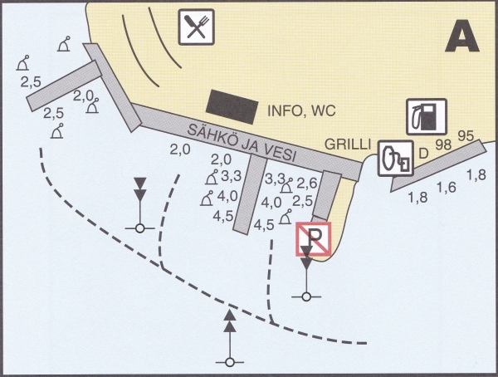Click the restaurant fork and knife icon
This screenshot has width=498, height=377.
pyautogui.click(x=196, y=27)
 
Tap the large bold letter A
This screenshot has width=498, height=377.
pyautogui.click(x=462, y=36)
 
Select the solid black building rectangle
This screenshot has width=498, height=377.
pyautogui.click(x=232, y=107)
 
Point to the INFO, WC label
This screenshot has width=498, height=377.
pyautogui.click(x=301, y=111)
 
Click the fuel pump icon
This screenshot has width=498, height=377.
pyautogui.click(x=427, y=116)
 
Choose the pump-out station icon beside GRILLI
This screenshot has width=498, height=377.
pyautogui.click(x=396, y=158)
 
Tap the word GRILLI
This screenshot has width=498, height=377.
pyautogui.click(x=348, y=144)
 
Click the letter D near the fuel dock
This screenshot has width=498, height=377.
pyautogui.click(x=423, y=154)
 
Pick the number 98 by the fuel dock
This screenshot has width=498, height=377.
pyautogui.click(x=443, y=145)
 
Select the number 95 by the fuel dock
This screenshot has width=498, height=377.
pyautogui.click(x=466, y=136)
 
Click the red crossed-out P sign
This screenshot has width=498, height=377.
pyautogui.click(x=314, y=238)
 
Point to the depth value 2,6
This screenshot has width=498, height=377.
pyautogui.click(x=307, y=183)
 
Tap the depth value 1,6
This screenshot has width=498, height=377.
pyautogui.click(x=447, y=187)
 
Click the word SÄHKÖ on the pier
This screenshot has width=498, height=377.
pyautogui.click(x=212, y=136)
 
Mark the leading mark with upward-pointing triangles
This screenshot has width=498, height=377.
pyautogui.click(x=230, y=338)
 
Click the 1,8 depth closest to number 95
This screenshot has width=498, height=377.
pyautogui.click(x=476, y=175)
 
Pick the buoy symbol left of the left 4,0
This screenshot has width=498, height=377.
pyautogui.click(x=207, y=198)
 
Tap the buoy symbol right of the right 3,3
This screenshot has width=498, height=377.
pyautogui.click(x=286, y=186)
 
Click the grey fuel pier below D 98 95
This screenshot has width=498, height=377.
pyautogui.click(x=438, y=165)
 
